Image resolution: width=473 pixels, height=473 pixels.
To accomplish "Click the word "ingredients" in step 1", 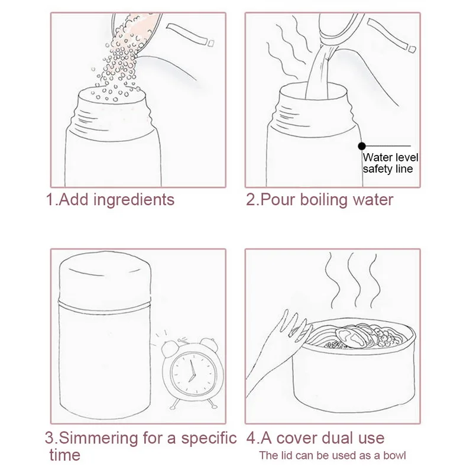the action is pos(134,200).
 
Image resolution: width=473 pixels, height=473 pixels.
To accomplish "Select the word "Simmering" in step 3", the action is pos(98,439).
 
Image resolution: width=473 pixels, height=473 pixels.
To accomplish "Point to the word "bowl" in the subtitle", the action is pos(394,455).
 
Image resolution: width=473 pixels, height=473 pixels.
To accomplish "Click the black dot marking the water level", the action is pos(362,146).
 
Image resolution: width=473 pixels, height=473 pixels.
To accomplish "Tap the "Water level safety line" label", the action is pos(390,163).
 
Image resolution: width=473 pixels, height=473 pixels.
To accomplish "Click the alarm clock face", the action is pos(193,373).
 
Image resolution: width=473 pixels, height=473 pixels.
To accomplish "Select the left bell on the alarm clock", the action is pos(170,348).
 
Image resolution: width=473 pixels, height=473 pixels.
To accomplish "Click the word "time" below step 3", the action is pos(65,455).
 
